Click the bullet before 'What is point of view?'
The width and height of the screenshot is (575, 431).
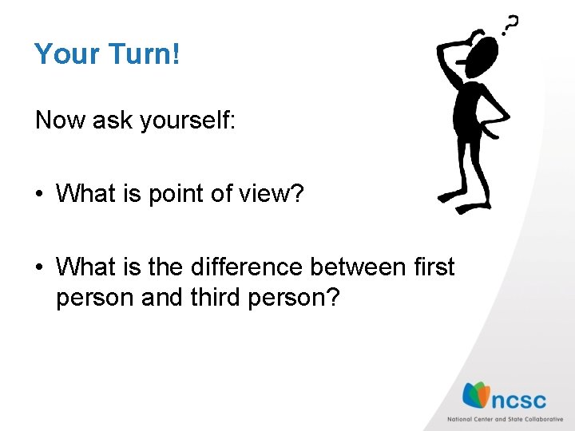pyautogui.click(x=39, y=194)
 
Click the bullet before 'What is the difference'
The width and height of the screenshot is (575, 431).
pyautogui.click(x=39, y=267)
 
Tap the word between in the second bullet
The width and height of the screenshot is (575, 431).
pyautogui.click(x=359, y=266)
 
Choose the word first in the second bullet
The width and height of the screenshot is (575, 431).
pyautogui.click(x=432, y=266)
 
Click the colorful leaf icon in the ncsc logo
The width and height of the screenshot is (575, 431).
pyautogui.click(x=477, y=396)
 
